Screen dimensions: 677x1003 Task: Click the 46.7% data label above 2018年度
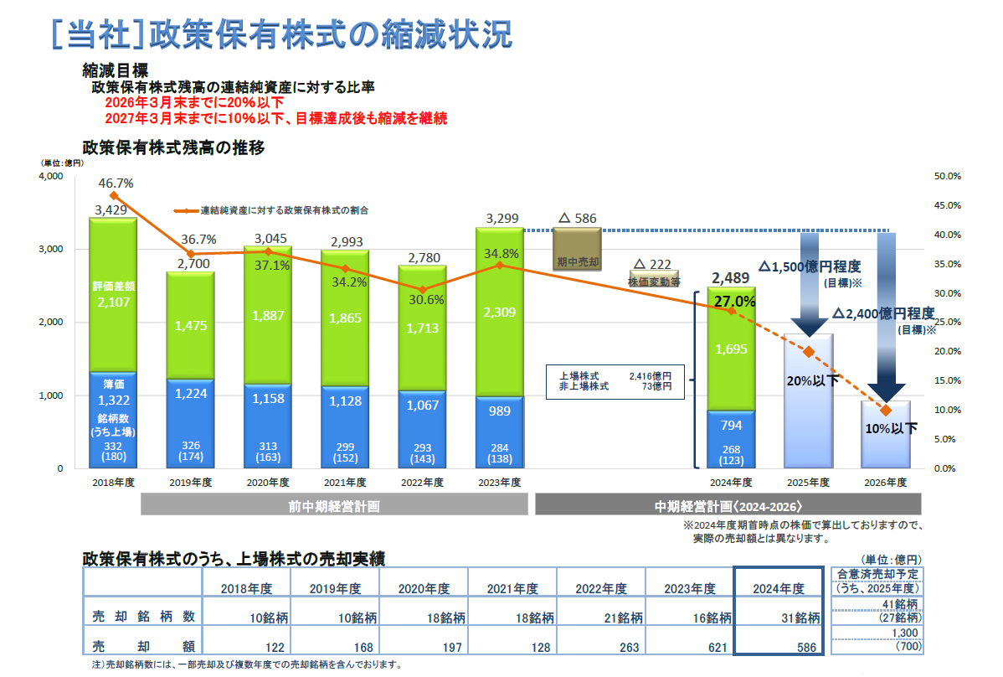116,183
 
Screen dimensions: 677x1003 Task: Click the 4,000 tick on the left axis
51,177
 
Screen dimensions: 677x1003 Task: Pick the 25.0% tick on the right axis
947,323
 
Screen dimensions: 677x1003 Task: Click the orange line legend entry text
284,210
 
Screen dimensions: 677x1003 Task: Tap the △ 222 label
652,265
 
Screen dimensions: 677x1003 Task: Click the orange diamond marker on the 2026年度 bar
886,410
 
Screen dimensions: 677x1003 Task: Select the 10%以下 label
891,428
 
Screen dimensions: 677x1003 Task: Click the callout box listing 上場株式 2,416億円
615,381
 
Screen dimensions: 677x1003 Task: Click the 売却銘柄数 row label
144,617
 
